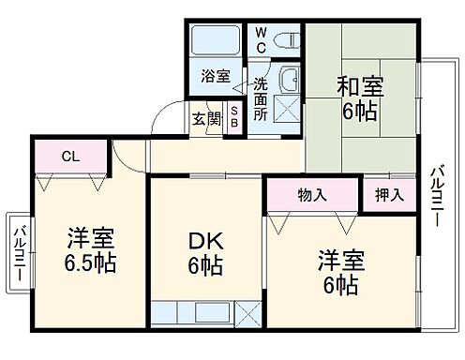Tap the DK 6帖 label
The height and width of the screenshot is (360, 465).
pos(206,254)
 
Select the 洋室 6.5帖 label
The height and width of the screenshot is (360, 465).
pos(91,248)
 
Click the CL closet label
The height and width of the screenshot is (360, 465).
pos(71,157)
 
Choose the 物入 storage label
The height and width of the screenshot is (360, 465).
pos(312,195)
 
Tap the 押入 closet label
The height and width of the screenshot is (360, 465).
pos(390,195)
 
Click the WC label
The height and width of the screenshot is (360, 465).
pos(262,40)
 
